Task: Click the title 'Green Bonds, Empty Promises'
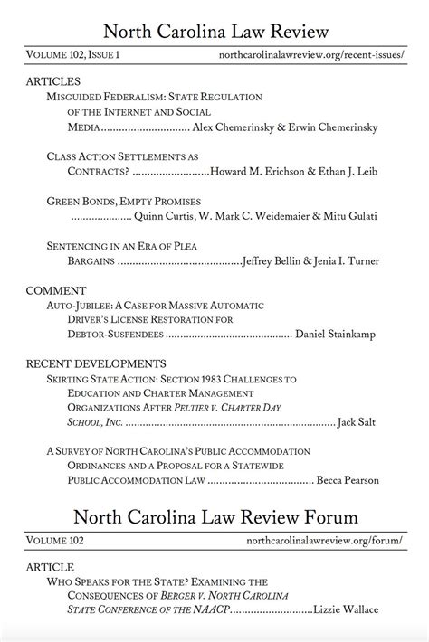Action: point(123,201)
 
